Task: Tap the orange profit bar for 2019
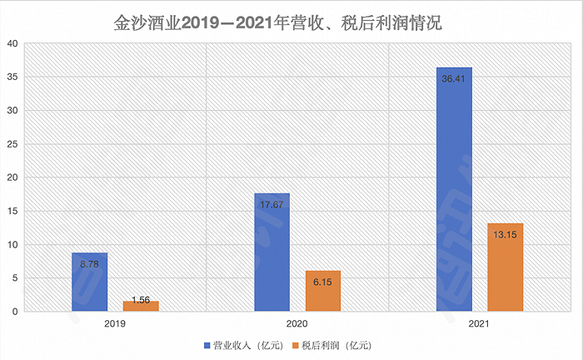(141, 306)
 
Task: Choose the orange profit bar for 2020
(323, 291)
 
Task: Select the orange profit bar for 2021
(506, 267)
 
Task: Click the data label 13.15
(506, 235)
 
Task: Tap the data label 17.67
(272, 205)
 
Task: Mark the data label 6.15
(323, 282)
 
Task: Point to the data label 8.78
(89, 264)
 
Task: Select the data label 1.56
(141, 299)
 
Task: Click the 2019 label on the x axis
(115, 322)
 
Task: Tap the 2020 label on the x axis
(297, 322)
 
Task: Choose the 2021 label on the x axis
(480, 322)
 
